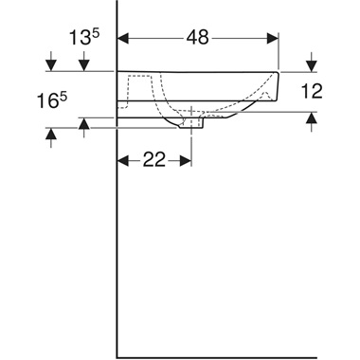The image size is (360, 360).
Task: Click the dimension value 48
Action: click(x=198, y=39)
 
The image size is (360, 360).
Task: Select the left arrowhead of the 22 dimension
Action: click(x=123, y=160)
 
